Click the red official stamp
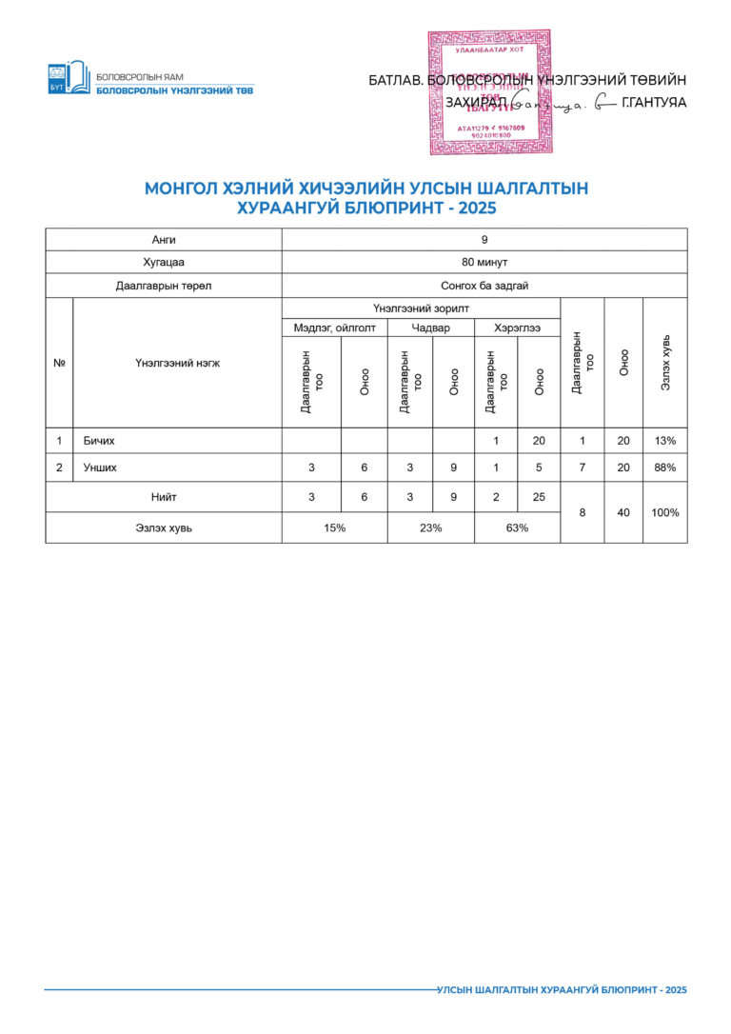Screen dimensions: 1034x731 (488, 92)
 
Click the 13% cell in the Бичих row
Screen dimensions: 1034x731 (664, 441)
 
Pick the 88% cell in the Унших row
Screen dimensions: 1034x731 (664, 467)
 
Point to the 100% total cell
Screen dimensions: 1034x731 (664, 512)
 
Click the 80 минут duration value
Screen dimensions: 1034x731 (484, 262)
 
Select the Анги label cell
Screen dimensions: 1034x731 (164, 239)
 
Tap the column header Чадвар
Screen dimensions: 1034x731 (430, 328)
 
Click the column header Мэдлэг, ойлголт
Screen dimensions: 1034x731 (334, 328)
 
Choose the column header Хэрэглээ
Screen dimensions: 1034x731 (517, 328)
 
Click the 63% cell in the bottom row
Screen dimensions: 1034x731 (517, 528)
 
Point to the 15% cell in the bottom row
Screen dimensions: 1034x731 (334, 528)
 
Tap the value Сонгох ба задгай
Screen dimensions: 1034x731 (484, 286)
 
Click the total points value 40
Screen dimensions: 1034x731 (623, 512)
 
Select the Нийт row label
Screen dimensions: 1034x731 (164, 497)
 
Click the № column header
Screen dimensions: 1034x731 (59, 363)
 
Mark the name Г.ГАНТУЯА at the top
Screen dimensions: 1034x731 (653, 103)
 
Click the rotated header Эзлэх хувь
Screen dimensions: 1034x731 (665, 363)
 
